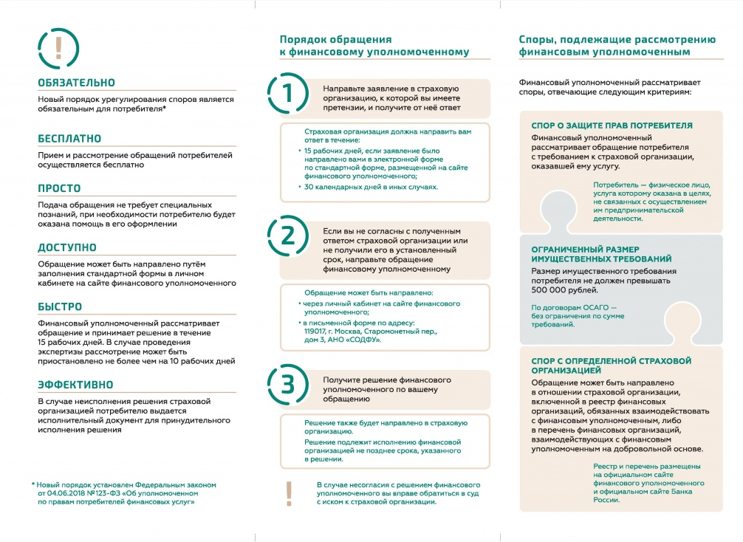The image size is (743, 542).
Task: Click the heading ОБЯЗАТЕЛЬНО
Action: point(76,83)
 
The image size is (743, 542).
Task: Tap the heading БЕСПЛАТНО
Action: point(69,139)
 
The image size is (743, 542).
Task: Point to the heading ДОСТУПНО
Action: point(67,247)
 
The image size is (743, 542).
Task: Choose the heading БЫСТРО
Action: point(60,306)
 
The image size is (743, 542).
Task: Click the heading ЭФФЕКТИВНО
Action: point(75,385)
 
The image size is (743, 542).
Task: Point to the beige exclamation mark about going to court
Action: point(289,494)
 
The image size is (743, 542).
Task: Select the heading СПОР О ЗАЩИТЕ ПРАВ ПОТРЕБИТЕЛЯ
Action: point(612,126)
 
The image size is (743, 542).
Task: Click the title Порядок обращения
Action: point(335,40)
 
